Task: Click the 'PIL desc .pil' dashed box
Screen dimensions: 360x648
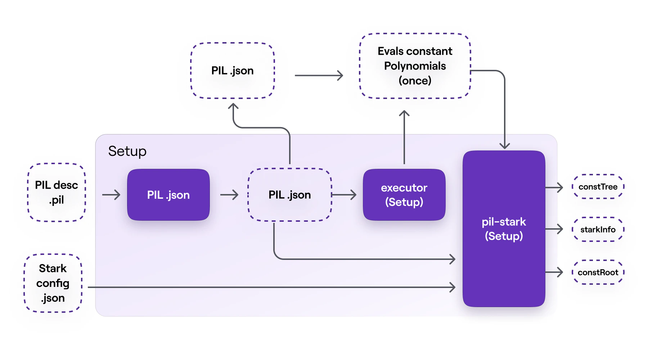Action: pyautogui.click(x=57, y=192)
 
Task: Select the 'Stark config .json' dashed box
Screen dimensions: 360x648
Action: pyautogui.click(x=53, y=283)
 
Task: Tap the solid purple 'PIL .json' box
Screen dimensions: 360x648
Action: pyautogui.click(x=168, y=195)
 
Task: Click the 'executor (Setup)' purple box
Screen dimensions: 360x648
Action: pyautogui.click(x=404, y=195)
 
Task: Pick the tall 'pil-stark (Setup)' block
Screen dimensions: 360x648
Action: pyautogui.click(x=504, y=229)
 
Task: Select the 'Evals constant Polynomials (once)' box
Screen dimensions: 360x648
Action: pyautogui.click(x=415, y=66)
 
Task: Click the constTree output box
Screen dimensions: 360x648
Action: pyautogui.click(x=598, y=186)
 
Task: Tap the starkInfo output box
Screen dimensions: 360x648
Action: pyautogui.click(x=598, y=229)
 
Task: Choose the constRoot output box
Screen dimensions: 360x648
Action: pyautogui.click(x=598, y=272)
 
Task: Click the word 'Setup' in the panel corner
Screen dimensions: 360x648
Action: pyautogui.click(x=127, y=151)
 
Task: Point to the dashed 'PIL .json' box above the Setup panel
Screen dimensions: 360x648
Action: pyautogui.click(x=232, y=71)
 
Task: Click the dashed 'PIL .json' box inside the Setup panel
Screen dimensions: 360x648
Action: pyautogui.click(x=289, y=195)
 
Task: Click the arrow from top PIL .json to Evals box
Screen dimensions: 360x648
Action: pyautogui.click(x=319, y=76)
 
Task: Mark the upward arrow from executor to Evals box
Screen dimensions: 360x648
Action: pyautogui.click(x=404, y=137)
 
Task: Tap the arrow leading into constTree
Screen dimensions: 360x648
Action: pyautogui.click(x=554, y=187)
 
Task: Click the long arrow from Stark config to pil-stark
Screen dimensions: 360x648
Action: pyautogui.click(x=270, y=287)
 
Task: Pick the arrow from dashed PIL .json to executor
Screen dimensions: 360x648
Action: pyautogui.click(x=344, y=195)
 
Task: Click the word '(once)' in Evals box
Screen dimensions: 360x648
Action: pyautogui.click(x=415, y=81)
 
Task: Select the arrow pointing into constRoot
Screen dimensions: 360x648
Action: pyautogui.click(x=554, y=272)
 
